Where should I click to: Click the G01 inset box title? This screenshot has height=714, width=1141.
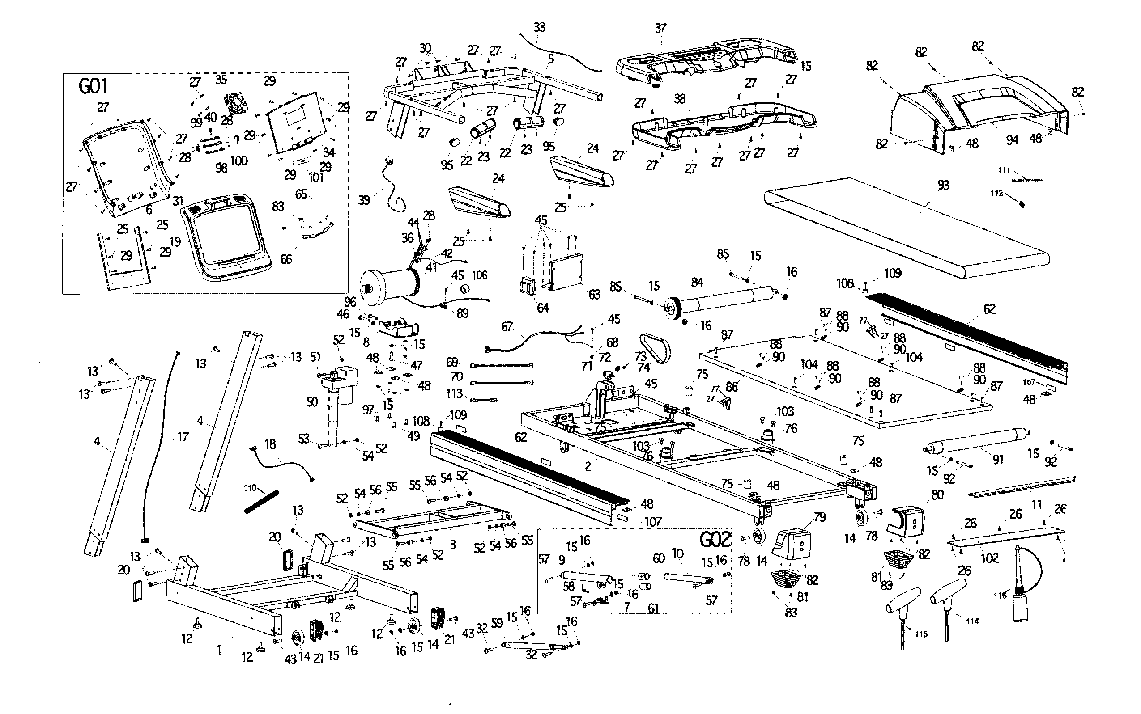click(x=93, y=87)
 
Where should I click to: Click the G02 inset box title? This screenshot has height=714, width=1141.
click(x=715, y=539)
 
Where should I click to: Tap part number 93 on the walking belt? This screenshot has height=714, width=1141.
click(x=943, y=185)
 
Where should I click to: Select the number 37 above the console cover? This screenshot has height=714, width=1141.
click(x=660, y=28)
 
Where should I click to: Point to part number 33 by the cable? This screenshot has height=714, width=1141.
click(x=539, y=27)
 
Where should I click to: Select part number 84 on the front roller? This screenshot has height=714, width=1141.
click(x=698, y=283)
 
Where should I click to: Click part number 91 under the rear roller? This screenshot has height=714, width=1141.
click(x=997, y=460)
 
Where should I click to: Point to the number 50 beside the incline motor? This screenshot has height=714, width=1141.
click(x=312, y=402)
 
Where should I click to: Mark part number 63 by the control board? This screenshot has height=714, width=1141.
click(x=594, y=295)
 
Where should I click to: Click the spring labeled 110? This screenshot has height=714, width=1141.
click(x=262, y=502)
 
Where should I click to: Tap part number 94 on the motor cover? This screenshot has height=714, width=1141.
click(x=1012, y=140)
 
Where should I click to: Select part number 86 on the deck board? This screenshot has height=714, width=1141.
click(x=732, y=387)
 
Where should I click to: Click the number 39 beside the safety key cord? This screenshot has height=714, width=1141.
click(x=364, y=200)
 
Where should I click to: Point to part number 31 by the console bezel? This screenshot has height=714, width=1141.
click(x=178, y=201)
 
